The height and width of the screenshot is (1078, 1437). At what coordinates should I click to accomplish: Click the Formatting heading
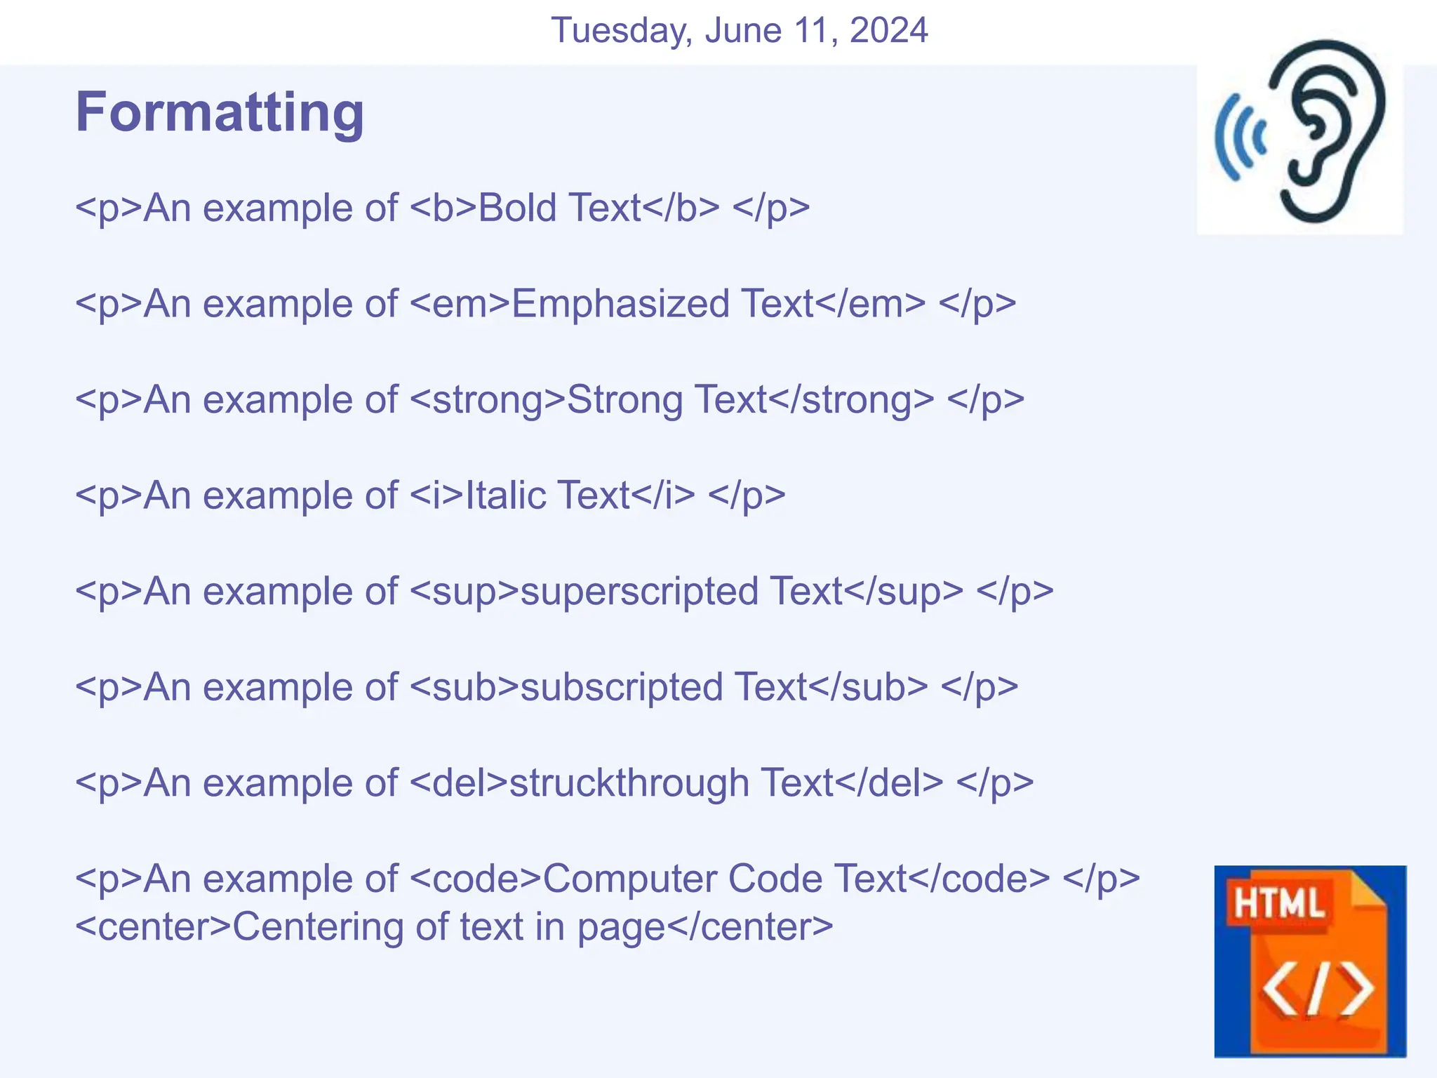(220, 112)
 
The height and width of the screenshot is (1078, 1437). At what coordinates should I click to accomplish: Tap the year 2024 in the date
(888, 30)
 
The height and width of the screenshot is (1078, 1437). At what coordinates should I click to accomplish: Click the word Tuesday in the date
(622, 30)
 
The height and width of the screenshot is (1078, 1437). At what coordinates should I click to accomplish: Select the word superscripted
(639, 592)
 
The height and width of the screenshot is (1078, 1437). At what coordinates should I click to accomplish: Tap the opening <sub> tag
(464, 687)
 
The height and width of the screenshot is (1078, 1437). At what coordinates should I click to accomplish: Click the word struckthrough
(629, 783)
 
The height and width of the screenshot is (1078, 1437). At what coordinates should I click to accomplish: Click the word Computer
(629, 879)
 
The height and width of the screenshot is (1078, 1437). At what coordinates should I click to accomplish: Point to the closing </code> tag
(980, 879)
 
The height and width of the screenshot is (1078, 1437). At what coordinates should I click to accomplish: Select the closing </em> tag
(871, 304)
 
